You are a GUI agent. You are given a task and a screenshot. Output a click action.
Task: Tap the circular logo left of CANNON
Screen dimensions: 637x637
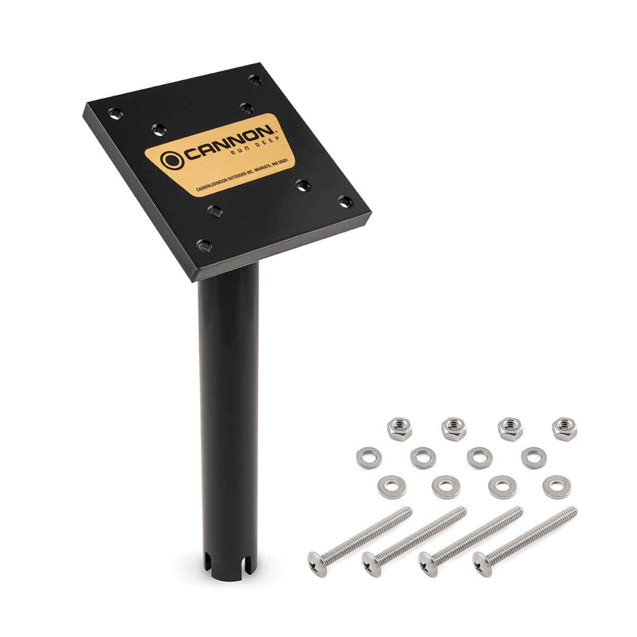pyautogui.click(x=172, y=160)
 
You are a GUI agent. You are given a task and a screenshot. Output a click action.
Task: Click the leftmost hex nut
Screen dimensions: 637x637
pyautogui.click(x=399, y=429)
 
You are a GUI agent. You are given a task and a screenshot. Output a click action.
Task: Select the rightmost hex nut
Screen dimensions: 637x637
pyautogui.click(x=564, y=429)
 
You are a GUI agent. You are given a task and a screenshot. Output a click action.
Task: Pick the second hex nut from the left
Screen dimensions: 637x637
pyautogui.click(x=454, y=429)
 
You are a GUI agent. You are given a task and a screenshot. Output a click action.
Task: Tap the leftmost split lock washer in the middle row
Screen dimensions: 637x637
pyautogui.click(x=369, y=458)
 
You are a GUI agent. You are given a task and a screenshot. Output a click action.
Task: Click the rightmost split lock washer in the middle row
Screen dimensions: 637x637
pyautogui.click(x=534, y=458)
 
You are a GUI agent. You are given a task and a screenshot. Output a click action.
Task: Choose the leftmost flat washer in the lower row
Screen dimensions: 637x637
pyautogui.click(x=392, y=487)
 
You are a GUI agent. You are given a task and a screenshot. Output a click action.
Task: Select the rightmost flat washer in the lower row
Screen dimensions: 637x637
pyautogui.click(x=557, y=487)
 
